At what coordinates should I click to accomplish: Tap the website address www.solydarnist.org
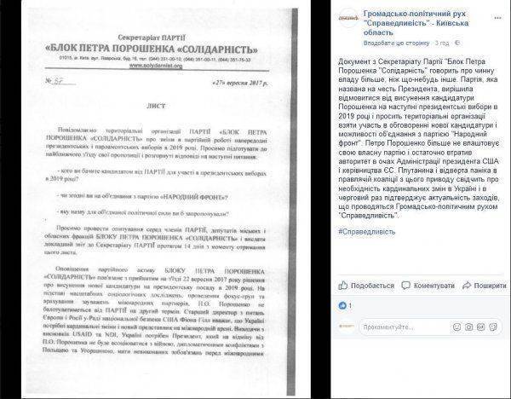pyautogui.click(x=128, y=52)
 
